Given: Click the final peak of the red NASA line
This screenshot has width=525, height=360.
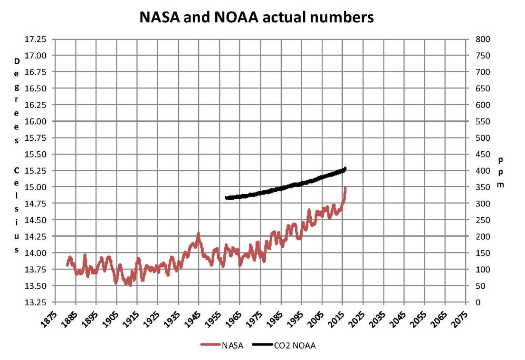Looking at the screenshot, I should point(345,188).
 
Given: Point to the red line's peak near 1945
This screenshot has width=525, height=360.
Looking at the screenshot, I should point(198,234).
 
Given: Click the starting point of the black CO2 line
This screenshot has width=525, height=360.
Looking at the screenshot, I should point(226,198).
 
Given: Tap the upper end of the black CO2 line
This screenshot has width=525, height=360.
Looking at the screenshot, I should point(345,168).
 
